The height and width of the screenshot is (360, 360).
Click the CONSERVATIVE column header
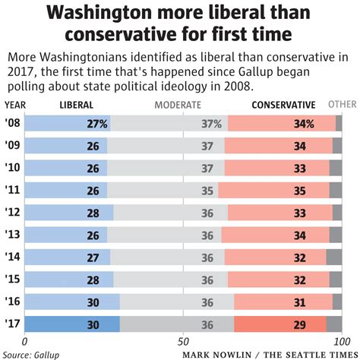284,105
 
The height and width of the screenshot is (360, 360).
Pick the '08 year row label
13,124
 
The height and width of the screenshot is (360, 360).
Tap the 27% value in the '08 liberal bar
96,124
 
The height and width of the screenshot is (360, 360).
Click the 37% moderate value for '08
212,124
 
